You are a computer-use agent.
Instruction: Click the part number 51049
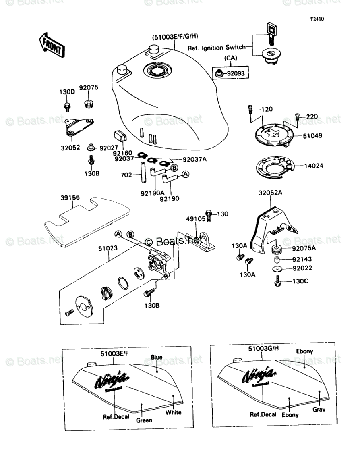point(312,136)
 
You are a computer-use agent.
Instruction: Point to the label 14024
point(314,166)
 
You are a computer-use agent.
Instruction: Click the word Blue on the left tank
point(157,357)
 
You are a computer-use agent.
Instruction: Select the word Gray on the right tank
point(319,409)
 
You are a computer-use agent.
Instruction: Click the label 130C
point(300,281)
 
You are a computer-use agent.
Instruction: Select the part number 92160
point(121,154)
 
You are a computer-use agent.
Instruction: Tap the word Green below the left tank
point(144,420)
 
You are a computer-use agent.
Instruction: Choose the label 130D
point(68,91)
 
